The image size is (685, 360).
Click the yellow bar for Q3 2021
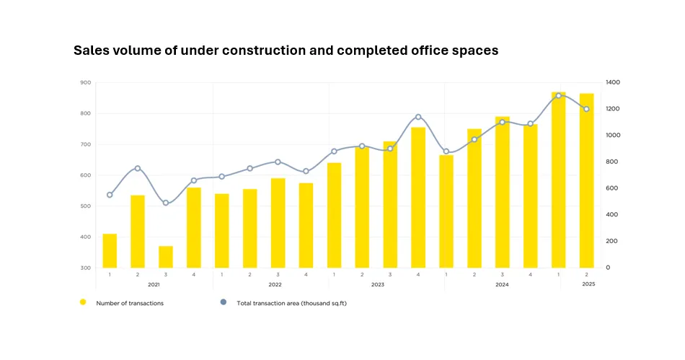166,257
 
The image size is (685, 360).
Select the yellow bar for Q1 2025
558,180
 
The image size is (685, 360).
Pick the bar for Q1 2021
110,251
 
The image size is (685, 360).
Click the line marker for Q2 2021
138,168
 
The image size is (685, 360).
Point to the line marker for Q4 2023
418,117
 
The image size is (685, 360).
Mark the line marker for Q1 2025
558,96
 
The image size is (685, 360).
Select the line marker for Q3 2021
166,203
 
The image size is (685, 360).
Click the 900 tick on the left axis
86,82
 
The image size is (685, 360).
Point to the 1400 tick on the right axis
613,82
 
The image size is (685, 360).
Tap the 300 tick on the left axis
86,268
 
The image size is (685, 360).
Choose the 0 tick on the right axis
608,268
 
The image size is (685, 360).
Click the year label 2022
275,284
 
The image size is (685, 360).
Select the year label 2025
588,284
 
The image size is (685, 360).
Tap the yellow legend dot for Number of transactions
83,302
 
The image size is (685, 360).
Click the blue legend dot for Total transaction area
224,302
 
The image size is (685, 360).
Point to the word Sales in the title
91,51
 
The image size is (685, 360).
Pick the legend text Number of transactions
130,303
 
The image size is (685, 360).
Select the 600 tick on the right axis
611,188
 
